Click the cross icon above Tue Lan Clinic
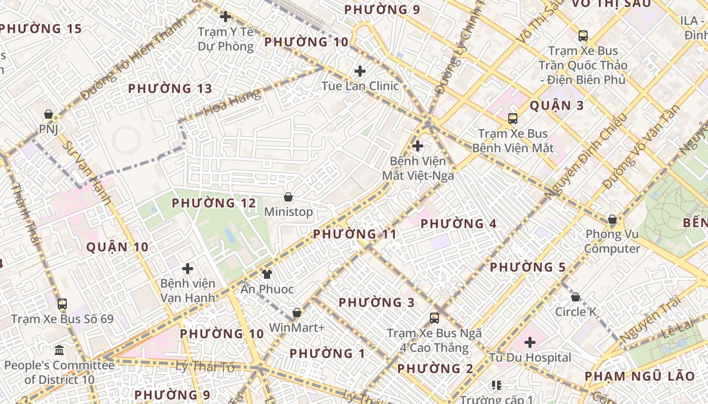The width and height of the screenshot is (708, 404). coord(360,71)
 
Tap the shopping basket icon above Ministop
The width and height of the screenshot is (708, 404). coord(288,197)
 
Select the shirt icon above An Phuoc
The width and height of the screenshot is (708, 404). coord(267,274)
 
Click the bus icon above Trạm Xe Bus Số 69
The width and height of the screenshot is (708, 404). coord(62,304)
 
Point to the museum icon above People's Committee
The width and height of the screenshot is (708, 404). coord(59,350)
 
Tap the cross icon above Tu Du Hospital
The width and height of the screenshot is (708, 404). coord(530,343)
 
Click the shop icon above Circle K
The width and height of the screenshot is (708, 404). coord(575,297)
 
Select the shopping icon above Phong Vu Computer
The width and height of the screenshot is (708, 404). coord(612,219)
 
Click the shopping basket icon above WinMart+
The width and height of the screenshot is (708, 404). coord(297,313)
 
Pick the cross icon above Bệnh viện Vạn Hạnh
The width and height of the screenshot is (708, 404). coord(188,269)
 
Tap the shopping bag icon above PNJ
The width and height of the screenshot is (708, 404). coord(49,115)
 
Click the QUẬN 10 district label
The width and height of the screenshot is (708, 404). coord(117,247)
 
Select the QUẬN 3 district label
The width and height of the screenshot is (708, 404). coord(556,106)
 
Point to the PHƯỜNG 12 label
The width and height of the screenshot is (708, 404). coord(214,203)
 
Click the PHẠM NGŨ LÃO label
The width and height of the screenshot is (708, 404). coord(640,376)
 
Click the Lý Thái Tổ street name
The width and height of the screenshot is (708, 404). coord(205,367)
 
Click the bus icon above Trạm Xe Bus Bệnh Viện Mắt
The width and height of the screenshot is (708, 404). coord(513,119)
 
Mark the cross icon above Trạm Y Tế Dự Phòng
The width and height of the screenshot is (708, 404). coord(226,17)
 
